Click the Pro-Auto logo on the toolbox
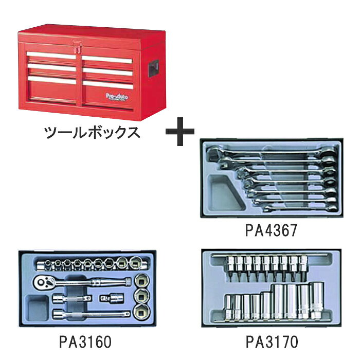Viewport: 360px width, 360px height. [x=117, y=97]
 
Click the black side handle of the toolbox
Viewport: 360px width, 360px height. [x=154, y=68]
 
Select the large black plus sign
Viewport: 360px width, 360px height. [x=180, y=132]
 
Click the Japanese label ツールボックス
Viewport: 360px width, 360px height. [x=92, y=132]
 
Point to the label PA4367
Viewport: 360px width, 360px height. [x=271, y=230]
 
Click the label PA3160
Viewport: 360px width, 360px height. [x=85, y=342]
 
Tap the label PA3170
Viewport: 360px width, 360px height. [x=272, y=342]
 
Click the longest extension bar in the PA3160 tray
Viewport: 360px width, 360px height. [x=91, y=314]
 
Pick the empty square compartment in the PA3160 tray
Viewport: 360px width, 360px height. [x=37, y=308]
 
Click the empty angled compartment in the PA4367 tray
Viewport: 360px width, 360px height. [x=224, y=193]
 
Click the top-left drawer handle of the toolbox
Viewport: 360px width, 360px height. [x=51, y=56]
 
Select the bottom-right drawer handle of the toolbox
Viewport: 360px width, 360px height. [x=108, y=85]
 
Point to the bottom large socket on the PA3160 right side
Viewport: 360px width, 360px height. [x=141, y=312]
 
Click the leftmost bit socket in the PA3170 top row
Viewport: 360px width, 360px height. [x=230, y=268]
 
